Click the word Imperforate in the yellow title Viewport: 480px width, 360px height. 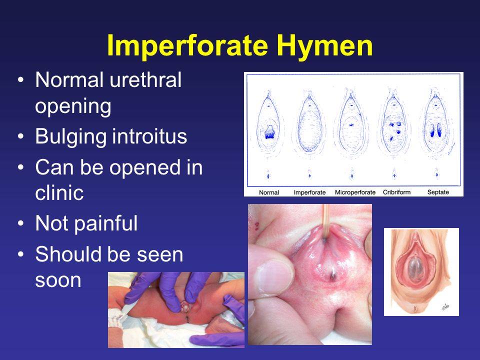(187, 46)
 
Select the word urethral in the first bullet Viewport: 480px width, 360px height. (145, 80)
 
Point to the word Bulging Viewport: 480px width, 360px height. (71, 137)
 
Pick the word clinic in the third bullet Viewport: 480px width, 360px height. (59, 192)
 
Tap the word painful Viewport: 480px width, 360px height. (107, 224)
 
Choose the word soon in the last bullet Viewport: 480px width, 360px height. (58, 280)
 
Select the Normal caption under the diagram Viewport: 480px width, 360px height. (269, 192)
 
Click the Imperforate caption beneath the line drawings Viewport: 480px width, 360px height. (310, 192)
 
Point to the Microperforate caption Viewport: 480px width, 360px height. (355, 192)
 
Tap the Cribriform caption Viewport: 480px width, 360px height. (396, 192)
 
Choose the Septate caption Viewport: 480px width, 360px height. (438, 192)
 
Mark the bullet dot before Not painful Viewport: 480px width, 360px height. (20, 223)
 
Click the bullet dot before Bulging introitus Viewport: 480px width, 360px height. (20, 136)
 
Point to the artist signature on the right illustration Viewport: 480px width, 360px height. (445, 306)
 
